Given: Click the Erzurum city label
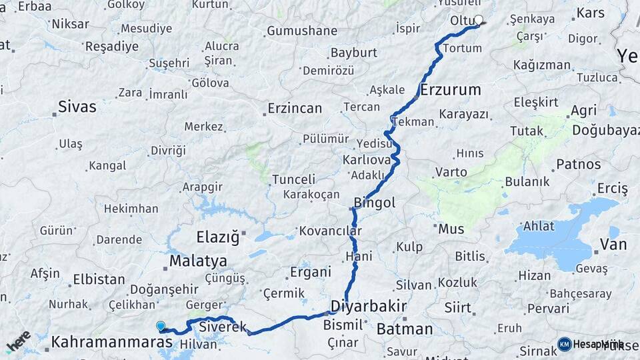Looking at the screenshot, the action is click(x=451, y=89).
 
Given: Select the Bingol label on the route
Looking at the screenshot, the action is click(x=375, y=202).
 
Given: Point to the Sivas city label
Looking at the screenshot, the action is click(x=77, y=107).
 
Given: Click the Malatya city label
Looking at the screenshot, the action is click(x=198, y=261).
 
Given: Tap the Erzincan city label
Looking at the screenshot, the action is click(x=295, y=108).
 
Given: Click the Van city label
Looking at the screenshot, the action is click(x=613, y=245).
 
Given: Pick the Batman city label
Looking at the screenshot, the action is click(x=405, y=329).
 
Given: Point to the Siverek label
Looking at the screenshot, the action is click(x=223, y=328).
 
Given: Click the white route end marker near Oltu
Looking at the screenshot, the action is click(x=478, y=20).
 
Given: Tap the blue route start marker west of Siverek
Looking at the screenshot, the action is click(x=161, y=326).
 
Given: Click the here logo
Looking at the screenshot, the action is click(x=19, y=341).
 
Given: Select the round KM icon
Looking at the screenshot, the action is click(x=565, y=344).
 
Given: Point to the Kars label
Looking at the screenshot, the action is click(x=591, y=13).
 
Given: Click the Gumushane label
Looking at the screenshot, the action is click(x=302, y=31).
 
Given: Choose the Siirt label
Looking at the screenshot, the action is click(x=457, y=307).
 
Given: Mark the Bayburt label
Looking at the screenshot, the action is click(x=354, y=53).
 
